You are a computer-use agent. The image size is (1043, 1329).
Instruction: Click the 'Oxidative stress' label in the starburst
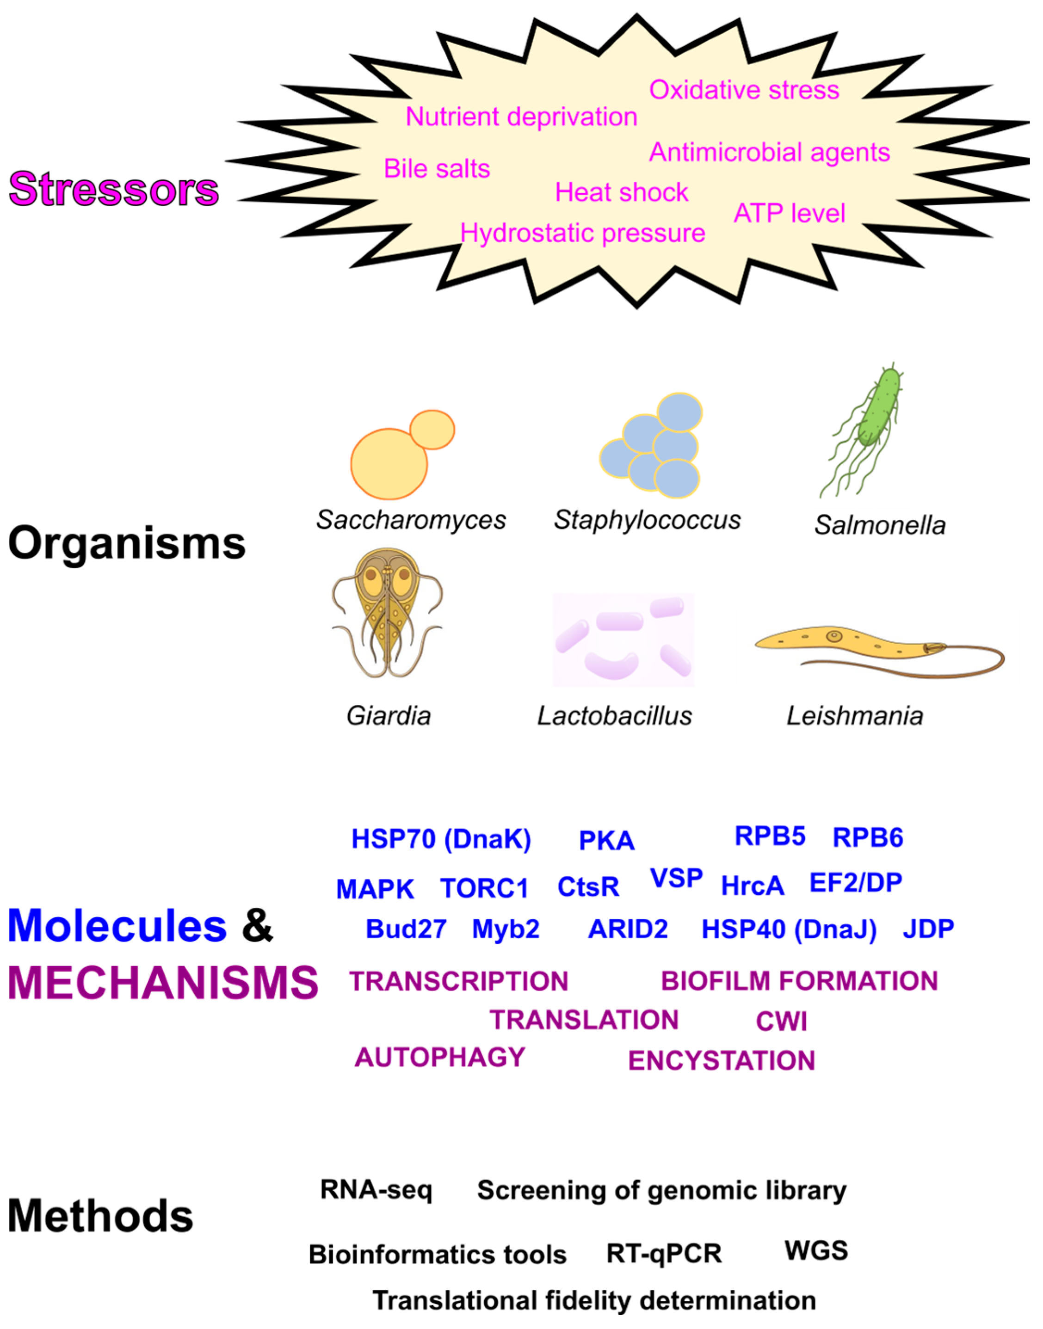pyautogui.click(x=744, y=90)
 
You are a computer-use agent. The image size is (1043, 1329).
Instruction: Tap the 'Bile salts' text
pyautogui.click(x=437, y=169)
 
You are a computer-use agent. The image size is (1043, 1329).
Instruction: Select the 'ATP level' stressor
pyautogui.click(x=789, y=214)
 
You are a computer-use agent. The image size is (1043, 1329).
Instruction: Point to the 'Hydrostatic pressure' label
pyautogui.click(x=583, y=233)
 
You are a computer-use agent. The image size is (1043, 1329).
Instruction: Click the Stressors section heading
pyautogui.click(x=114, y=189)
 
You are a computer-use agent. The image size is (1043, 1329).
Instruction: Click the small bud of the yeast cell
pyautogui.click(x=432, y=429)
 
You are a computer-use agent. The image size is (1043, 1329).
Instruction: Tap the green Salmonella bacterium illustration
pyautogui.click(x=878, y=409)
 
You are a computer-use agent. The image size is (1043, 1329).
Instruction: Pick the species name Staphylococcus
pyautogui.click(x=647, y=520)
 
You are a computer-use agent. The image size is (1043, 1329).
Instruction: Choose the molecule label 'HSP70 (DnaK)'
pyautogui.click(x=441, y=839)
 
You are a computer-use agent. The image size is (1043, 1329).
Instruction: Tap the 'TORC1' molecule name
pyautogui.click(x=484, y=888)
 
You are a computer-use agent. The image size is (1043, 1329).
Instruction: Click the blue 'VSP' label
pyautogui.click(x=676, y=879)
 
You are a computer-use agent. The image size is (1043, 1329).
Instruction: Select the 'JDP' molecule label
pyautogui.click(x=927, y=929)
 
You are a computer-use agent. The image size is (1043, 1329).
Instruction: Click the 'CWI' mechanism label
pyautogui.click(x=781, y=1021)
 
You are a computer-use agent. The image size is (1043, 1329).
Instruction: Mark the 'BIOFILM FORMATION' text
pyautogui.click(x=799, y=981)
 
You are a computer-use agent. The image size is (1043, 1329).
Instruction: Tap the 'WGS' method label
pyautogui.click(x=816, y=1250)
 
